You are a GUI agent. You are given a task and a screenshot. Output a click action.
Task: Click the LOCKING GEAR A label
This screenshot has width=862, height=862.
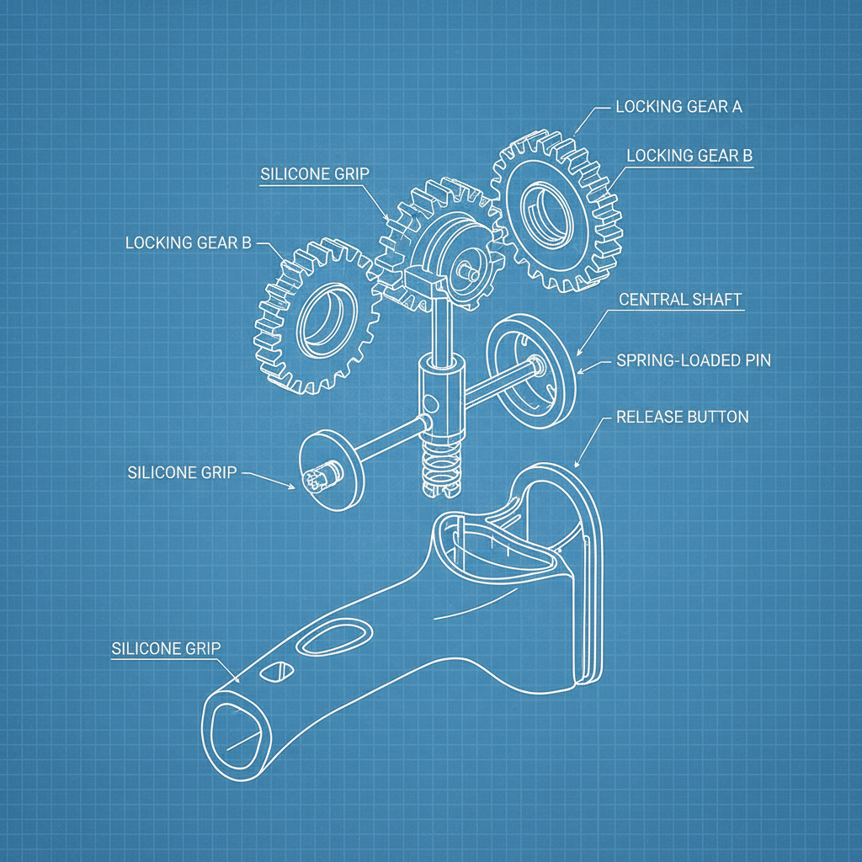pos(678,107)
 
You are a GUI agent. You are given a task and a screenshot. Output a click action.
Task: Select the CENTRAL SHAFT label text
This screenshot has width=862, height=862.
pos(680,300)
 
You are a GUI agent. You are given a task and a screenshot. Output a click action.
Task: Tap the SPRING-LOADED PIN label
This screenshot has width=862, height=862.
pos(694,360)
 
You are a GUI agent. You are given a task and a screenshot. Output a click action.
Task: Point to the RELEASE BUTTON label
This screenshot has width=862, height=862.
pos(682,418)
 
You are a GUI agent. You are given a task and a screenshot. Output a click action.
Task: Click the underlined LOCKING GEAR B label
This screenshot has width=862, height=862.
pos(689,156)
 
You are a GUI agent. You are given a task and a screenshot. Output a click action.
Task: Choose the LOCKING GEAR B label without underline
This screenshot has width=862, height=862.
pos(188,242)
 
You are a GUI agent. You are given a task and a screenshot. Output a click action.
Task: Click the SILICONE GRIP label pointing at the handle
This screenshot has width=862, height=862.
pos(166,649)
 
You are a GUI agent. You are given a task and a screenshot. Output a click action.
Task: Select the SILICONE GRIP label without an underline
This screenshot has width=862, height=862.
pos(182,472)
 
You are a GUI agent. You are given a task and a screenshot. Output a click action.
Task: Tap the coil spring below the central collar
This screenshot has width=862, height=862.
pos(440,466)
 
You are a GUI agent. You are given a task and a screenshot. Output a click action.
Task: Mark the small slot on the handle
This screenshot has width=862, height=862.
pos(276,673)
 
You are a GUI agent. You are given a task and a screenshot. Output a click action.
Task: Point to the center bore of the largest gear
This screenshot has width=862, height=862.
pos(547,215)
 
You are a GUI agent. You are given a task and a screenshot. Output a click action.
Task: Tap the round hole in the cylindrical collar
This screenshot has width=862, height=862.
pos(432,404)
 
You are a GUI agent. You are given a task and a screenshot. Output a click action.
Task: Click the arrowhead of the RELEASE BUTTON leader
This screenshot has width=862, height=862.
pos(577,465)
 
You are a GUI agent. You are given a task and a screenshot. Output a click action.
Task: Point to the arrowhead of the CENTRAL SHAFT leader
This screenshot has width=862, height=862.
pos(579,352)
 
